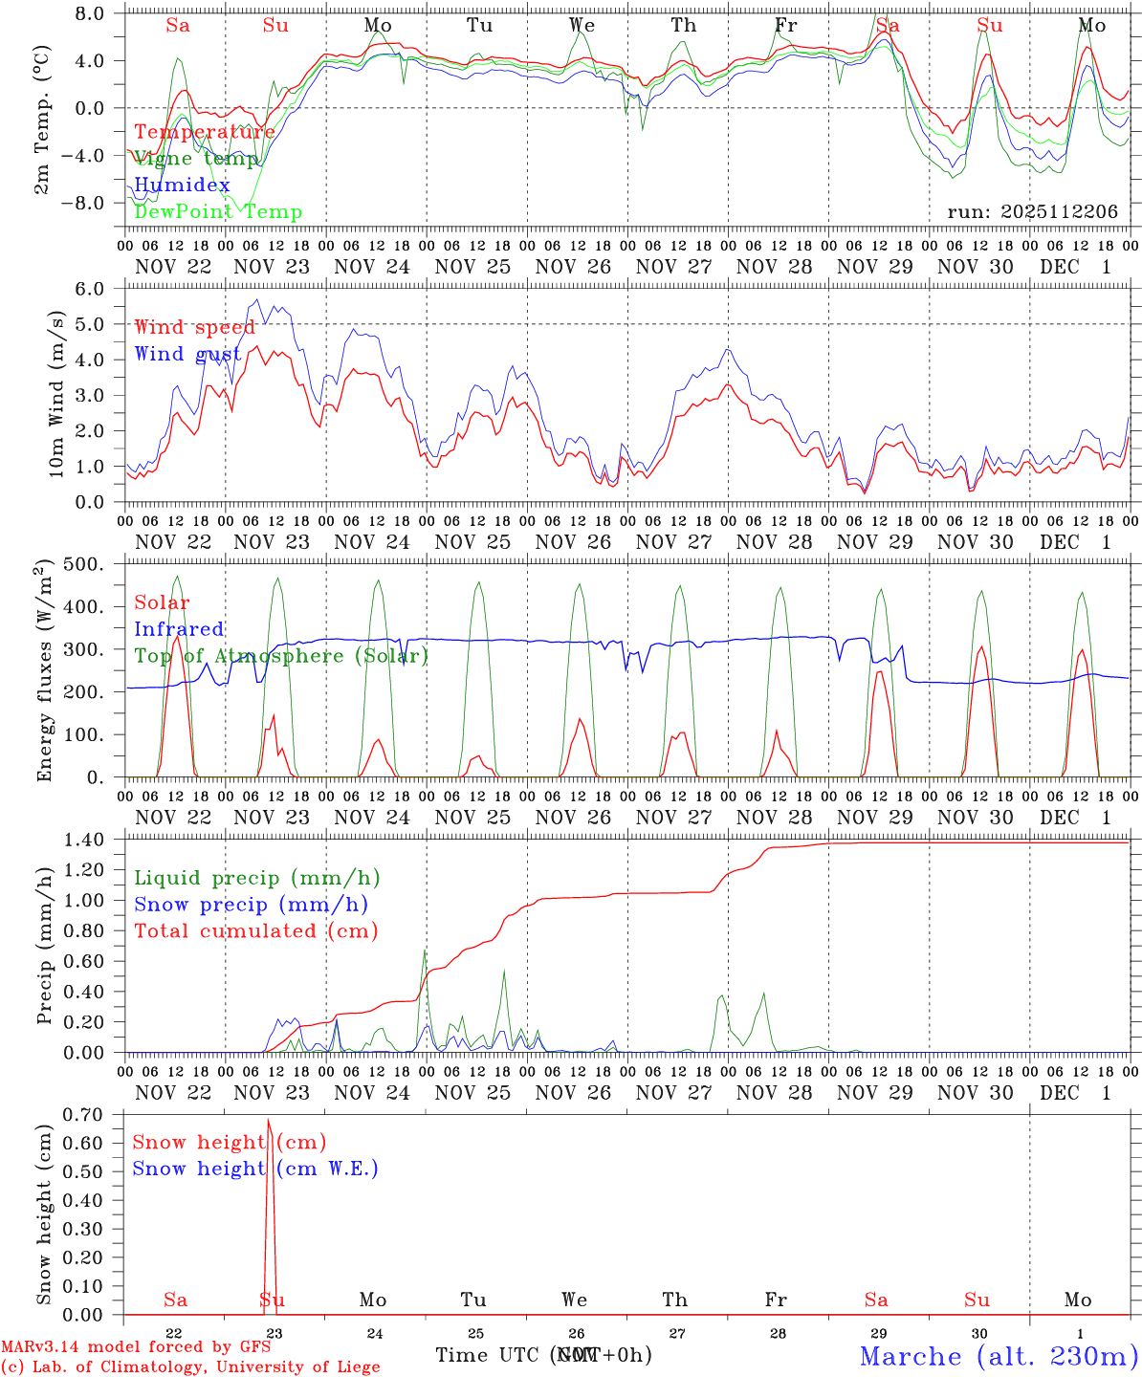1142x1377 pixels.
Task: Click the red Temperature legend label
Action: pyautogui.click(x=204, y=132)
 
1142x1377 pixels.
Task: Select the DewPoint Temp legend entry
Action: pyautogui.click(x=218, y=212)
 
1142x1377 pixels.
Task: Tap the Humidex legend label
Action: pyautogui.click(x=182, y=186)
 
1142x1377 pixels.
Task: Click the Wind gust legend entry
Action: pyautogui.click(x=187, y=354)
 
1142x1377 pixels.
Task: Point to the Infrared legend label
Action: pyautogui.click(x=179, y=629)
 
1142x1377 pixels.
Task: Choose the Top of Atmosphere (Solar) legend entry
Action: pyautogui.click(x=280, y=656)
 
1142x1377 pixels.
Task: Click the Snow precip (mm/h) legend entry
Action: pyautogui.click(x=251, y=905)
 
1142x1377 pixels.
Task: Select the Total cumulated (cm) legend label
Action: pyautogui.click(x=256, y=930)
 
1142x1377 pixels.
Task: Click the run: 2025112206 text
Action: pyautogui.click(x=1032, y=212)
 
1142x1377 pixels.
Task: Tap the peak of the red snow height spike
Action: pyautogui.click(x=269, y=1120)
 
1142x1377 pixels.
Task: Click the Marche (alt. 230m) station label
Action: pyautogui.click(x=999, y=1356)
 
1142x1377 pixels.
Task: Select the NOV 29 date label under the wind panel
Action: pyautogui.click(x=874, y=542)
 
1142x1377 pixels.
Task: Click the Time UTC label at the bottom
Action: pyautogui.click(x=489, y=1355)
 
